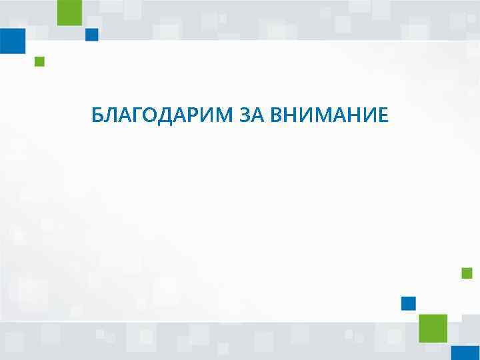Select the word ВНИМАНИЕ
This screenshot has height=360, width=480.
(x=329, y=116)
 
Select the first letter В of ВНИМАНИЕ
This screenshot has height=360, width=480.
(x=277, y=116)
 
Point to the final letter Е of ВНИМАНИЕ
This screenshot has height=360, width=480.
(x=381, y=116)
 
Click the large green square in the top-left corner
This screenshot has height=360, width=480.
(x=69, y=13)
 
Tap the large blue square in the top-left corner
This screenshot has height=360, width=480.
(x=12, y=41)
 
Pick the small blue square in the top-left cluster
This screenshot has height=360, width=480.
(x=92, y=35)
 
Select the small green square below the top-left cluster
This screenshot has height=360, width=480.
(x=39, y=62)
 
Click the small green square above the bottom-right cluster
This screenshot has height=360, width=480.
(x=467, y=273)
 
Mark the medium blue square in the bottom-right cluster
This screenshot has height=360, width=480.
(x=408, y=303)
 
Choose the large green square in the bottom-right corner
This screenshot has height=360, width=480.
(x=433, y=328)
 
